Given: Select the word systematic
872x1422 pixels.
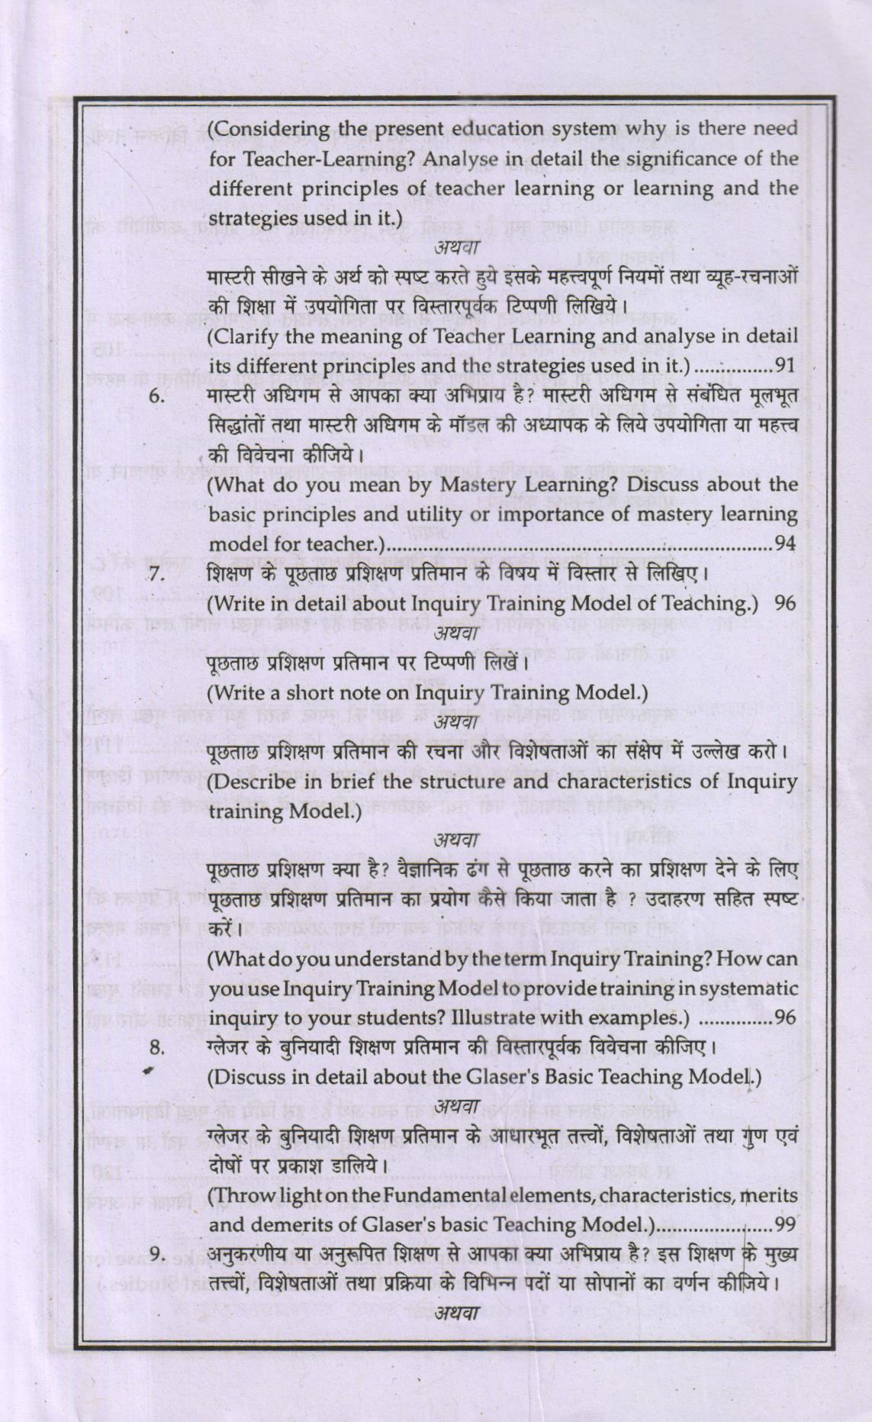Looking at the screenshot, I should click(x=740, y=988).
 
